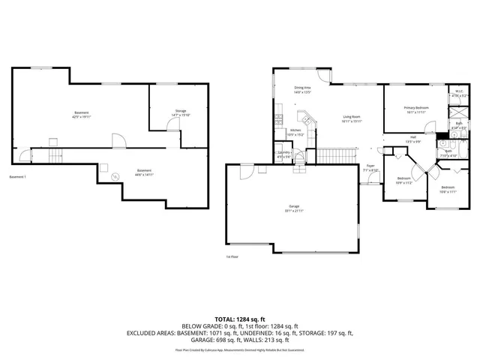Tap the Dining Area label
pos(303,88)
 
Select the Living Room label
pos(352,117)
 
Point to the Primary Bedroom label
pos(416,108)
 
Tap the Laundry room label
pos(284,152)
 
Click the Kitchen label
pos(295,130)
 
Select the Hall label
pos(412,137)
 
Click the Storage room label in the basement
pos(181,111)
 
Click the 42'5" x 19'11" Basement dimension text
pos(80,117)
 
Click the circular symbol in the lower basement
pos(115,176)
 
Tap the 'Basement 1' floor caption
pos(17,177)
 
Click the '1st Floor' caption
pos(232,256)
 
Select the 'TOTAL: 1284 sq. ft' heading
pos(240,318)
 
